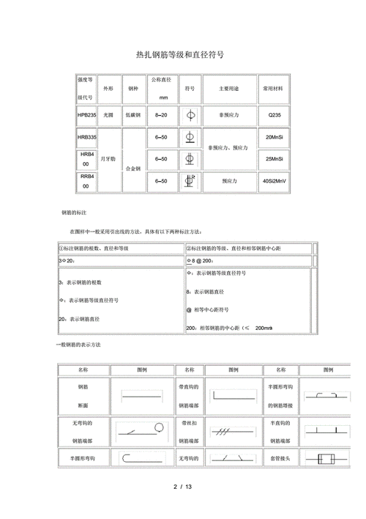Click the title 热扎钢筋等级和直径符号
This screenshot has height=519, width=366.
(x=180, y=54)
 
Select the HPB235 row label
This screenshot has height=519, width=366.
(x=86, y=115)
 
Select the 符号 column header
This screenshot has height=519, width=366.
(x=190, y=88)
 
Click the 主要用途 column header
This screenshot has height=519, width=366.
(x=230, y=88)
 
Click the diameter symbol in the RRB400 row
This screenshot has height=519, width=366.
(x=190, y=180)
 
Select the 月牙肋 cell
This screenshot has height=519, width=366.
(x=108, y=158)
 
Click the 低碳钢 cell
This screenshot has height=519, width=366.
(x=132, y=115)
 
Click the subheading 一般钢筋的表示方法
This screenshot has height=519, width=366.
(x=78, y=345)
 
